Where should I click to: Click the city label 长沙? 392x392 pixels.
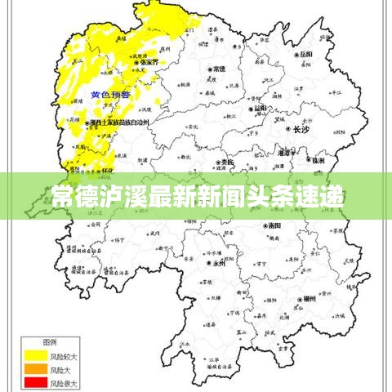pos(301,129)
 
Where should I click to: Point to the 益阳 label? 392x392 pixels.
pos(260,108)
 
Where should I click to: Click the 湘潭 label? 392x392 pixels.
pos(284,153)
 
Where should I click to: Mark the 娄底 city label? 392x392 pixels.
pos(225,163)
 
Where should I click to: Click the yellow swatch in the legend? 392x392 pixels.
pos(34,355)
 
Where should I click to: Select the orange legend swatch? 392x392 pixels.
pos(34,369)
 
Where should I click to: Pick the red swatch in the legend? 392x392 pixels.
pos(34,382)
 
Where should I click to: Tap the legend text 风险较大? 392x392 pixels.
pos(64,355)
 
